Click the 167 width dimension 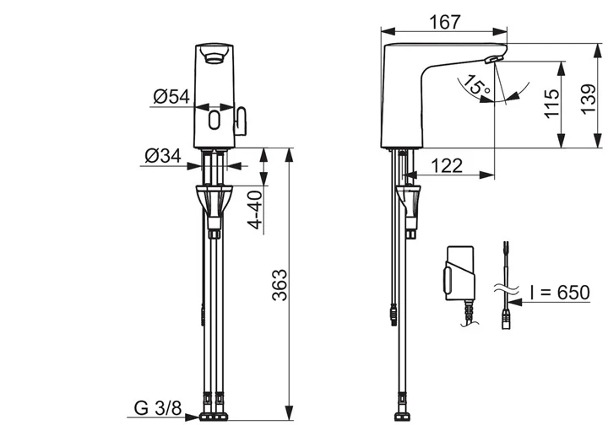click(445, 22)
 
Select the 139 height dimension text click(589, 100)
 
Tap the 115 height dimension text click(551, 104)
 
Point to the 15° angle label click(476, 85)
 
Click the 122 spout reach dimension click(447, 165)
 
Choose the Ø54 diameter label click(171, 97)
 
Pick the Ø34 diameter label click(163, 156)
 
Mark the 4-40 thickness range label click(255, 210)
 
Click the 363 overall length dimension click(280, 285)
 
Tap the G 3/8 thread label click(158, 408)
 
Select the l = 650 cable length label click(560, 293)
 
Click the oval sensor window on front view click(214, 120)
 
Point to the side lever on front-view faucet click(241, 121)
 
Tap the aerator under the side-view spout click(493, 59)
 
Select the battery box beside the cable click(459, 273)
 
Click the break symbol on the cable click(506, 288)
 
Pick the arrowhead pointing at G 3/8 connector click(193, 417)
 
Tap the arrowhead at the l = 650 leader click(515, 302)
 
